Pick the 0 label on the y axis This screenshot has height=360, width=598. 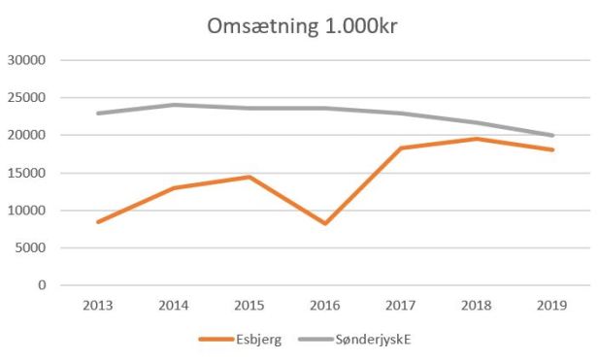[42, 285]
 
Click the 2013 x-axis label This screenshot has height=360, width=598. [97, 305]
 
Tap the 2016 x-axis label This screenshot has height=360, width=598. [325, 305]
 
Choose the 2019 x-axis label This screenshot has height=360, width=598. [552, 305]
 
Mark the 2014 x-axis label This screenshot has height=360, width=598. [173, 305]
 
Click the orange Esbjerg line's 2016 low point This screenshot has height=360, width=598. [325, 223]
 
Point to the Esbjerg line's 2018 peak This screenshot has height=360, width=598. [477, 139]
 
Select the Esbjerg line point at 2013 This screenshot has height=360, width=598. [97, 222]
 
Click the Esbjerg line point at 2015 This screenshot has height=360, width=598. [249, 177]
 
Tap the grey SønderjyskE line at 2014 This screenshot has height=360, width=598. [173, 105]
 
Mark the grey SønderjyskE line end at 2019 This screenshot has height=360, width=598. [552, 135]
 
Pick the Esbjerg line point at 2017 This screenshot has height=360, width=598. [401, 147]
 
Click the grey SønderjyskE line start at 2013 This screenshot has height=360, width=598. [97, 114]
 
